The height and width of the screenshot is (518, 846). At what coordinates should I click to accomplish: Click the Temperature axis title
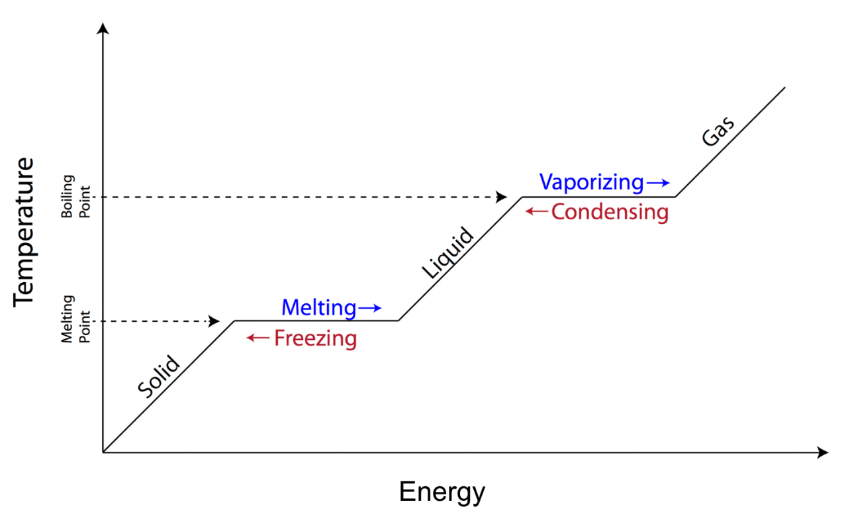pos(23,232)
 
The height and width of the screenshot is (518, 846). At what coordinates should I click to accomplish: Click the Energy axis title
pos(442,492)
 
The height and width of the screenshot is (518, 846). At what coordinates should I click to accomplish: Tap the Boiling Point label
pos(75,197)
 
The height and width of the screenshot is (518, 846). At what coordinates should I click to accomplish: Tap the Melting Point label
pos(75,319)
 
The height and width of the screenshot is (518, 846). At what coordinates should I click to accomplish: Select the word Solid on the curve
pos(159,376)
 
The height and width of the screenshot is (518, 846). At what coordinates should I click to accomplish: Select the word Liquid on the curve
pos(447,253)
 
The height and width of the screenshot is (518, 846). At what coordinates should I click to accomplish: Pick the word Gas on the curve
pos(718,131)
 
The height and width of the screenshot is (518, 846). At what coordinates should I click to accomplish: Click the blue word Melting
pos(319,307)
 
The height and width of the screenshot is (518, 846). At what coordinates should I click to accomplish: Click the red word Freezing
pos(315,338)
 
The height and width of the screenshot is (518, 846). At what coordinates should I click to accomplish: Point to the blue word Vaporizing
pos(591,182)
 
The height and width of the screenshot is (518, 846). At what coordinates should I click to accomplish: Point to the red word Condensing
pos(610,212)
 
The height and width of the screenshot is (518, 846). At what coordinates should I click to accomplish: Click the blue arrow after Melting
pos(370,308)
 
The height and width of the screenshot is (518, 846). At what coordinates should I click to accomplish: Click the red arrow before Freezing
pos(258,337)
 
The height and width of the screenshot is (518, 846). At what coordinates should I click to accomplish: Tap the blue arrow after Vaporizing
pos(658,183)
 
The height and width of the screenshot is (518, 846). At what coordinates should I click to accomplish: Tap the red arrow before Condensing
pos(537,211)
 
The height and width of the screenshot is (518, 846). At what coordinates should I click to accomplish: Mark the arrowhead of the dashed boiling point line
pos(502,197)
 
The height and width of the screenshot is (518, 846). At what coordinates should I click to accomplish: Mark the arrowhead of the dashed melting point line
pos(214,321)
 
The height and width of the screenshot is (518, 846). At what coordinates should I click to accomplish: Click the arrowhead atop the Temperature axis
pos(103,28)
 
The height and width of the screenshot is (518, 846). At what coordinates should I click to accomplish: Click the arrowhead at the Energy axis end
pos(823,452)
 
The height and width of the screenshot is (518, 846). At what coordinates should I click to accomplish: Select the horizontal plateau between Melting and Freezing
pos(316,321)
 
